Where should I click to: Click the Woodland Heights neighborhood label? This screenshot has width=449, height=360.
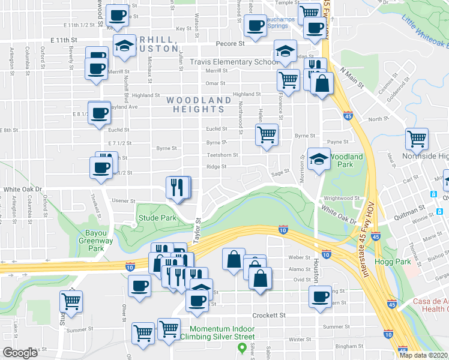click(x=199, y=104)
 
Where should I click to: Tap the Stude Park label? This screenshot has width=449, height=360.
click(x=157, y=218)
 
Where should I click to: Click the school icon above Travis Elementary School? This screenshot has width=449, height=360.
click(x=285, y=51)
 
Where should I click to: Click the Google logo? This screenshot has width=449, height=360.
click(x=20, y=353)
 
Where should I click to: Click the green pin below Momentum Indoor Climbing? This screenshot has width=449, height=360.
click(x=242, y=347)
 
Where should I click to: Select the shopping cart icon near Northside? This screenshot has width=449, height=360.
click(x=417, y=139)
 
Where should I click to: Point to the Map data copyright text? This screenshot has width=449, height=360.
click(x=423, y=355)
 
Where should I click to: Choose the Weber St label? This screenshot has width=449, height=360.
click(x=298, y=257)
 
